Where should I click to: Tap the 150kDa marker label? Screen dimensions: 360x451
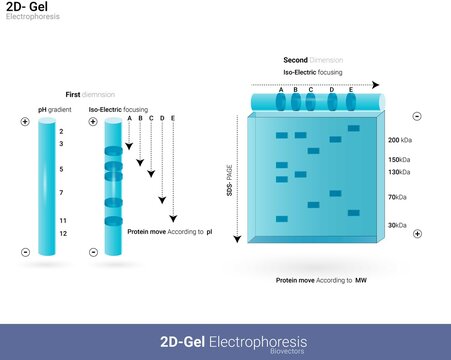click(399, 160)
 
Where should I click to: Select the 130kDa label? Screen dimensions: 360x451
click(399, 173)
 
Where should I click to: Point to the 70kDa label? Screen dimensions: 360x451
click(398, 199)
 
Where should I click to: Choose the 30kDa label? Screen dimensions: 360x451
click(398, 226)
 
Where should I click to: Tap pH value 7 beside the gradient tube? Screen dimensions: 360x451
click(61, 191)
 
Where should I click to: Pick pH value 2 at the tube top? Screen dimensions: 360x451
click(61, 131)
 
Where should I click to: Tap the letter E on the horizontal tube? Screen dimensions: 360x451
click(351, 91)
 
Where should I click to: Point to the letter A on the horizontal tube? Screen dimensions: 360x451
click(281, 91)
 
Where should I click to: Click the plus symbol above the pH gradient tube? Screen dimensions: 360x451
click(25, 121)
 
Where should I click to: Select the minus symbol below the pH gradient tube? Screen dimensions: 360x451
click(25, 251)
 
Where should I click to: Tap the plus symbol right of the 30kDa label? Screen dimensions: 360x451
click(417, 233)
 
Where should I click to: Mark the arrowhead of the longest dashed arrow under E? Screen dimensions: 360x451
click(173, 220)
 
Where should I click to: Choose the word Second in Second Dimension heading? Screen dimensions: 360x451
click(296, 60)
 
